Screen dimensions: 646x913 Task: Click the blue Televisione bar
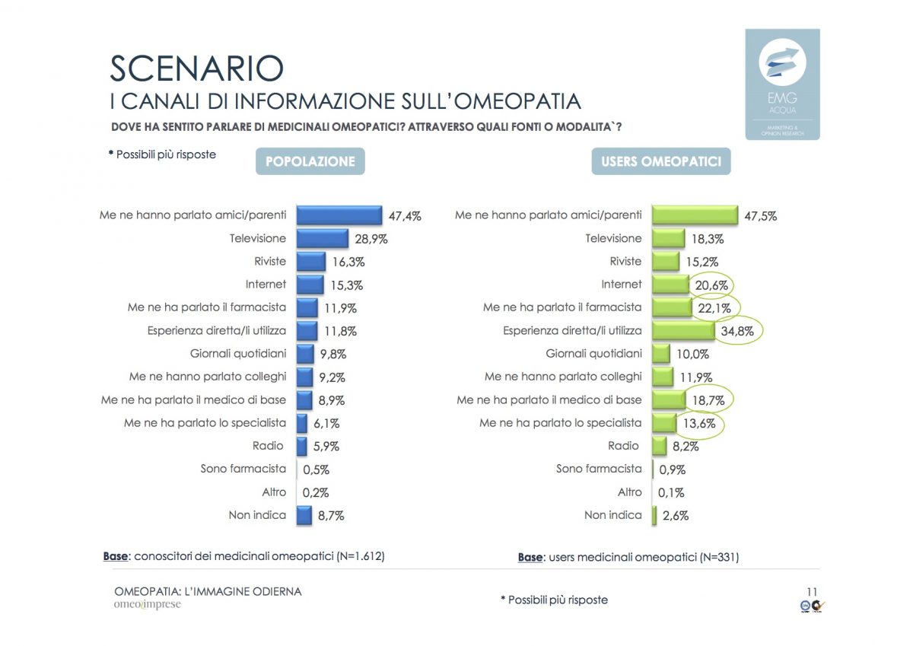(x=322, y=239)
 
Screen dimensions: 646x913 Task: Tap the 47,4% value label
(x=405, y=216)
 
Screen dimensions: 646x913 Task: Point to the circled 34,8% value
(x=738, y=332)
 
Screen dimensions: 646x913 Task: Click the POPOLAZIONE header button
(x=310, y=161)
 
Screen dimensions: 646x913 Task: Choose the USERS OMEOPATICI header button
(x=660, y=161)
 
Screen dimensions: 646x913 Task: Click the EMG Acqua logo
(x=781, y=84)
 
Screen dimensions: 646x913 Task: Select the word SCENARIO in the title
(x=196, y=68)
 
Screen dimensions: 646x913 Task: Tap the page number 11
(x=811, y=591)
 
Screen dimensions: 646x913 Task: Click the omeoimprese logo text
(x=148, y=605)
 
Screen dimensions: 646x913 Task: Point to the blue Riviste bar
(x=310, y=262)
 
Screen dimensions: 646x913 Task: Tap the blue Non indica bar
(x=304, y=515)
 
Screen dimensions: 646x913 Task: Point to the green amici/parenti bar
(x=695, y=215)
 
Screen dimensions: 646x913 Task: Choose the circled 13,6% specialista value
(x=700, y=424)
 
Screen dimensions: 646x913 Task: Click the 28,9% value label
(x=371, y=239)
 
